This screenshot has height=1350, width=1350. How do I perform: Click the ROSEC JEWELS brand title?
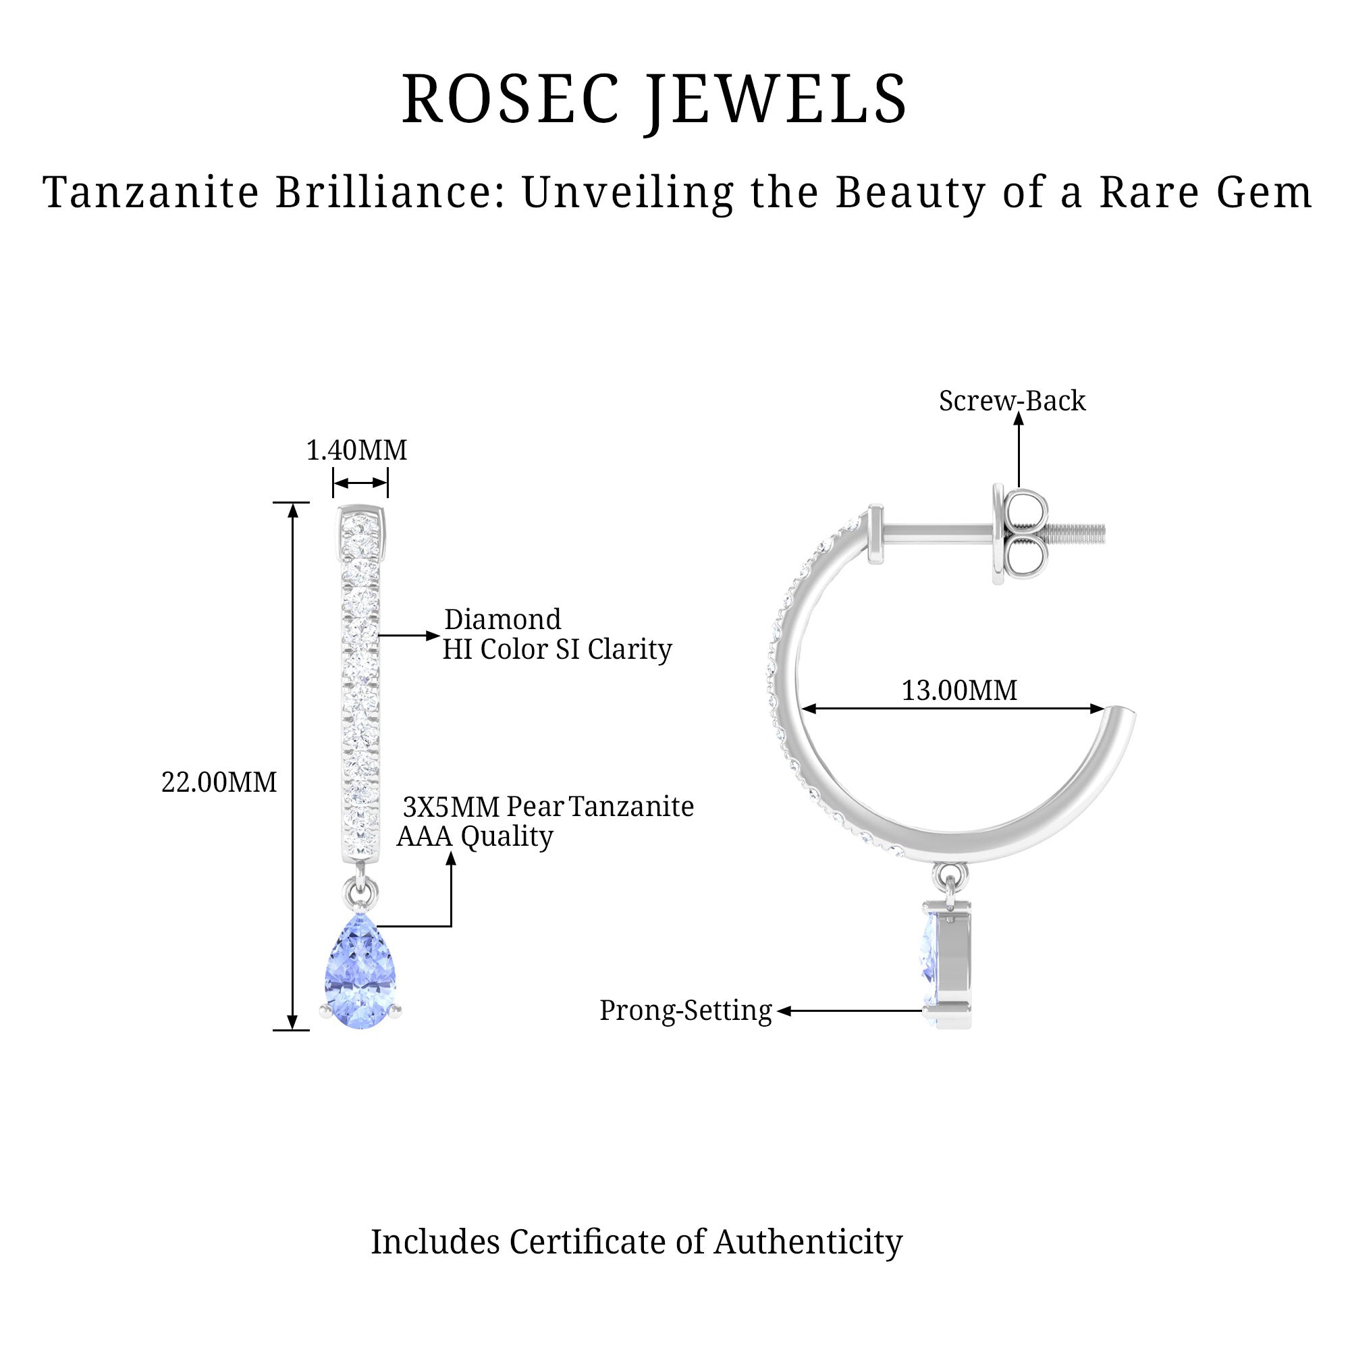click(654, 99)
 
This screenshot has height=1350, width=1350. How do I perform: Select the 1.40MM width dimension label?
click(356, 451)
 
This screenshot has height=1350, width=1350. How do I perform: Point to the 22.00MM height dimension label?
click(219, 782)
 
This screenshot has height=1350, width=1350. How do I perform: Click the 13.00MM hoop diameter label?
click(959, 691)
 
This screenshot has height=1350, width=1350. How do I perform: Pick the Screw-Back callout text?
click(1012, 401)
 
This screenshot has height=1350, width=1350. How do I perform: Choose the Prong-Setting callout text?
click(686, 1010)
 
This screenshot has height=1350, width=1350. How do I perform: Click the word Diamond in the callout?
click(502, 620)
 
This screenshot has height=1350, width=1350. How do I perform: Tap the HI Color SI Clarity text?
click(557, 649)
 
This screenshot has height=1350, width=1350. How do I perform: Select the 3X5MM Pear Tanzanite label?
click(549, 807)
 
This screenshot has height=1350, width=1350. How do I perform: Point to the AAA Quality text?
click(475, 836)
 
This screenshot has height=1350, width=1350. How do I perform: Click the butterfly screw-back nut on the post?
click(1019, 535)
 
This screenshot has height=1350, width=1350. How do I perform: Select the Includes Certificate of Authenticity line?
click(636, 1242)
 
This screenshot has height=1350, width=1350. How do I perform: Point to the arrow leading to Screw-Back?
click(1019, 451)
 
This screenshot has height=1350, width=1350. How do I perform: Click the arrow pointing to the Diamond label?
click(409, 636)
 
